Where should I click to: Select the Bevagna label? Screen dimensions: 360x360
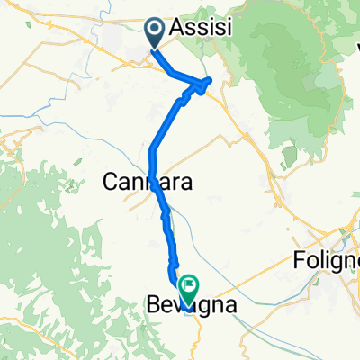click(x=192, y=306)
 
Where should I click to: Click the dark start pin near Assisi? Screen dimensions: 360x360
click(x=155, y=34)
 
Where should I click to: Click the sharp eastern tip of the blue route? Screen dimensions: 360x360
click(x=210, y=81)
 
